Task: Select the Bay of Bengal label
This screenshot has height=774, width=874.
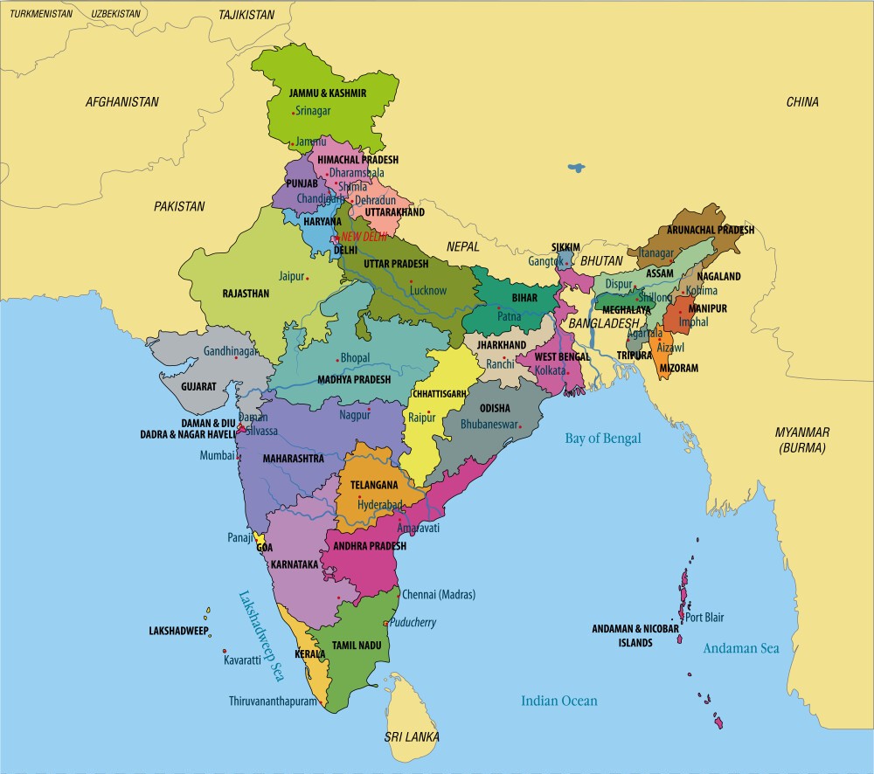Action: click(x=602, y=439)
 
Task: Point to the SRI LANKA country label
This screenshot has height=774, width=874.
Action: click(x=412, y=737)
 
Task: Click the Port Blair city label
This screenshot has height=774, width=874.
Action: click(x=704, y=618)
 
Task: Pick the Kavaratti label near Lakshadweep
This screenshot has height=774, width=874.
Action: click(x=242, y=660)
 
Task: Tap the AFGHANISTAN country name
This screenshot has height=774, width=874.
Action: click(x=122, y=102)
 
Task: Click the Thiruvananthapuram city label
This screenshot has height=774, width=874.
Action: click(x=272, y=701)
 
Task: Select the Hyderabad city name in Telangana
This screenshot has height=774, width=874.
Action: click(x=379, y=505)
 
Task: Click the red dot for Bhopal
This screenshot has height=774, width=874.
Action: click(x=337, y=360)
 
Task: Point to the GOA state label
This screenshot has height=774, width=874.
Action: click(x=265, y=549)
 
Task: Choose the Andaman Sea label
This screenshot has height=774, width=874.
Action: click(x=741, y=648)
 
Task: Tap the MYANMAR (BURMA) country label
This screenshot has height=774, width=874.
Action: click(x=802, y=440)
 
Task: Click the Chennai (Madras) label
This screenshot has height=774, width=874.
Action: click(x=438, y=595)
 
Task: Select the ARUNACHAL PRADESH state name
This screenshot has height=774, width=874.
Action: click(x=710, y=230)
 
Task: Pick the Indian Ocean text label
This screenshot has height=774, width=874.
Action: click(x=559, y=701)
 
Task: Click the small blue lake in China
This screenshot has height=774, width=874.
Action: click(x=575, y=167)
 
